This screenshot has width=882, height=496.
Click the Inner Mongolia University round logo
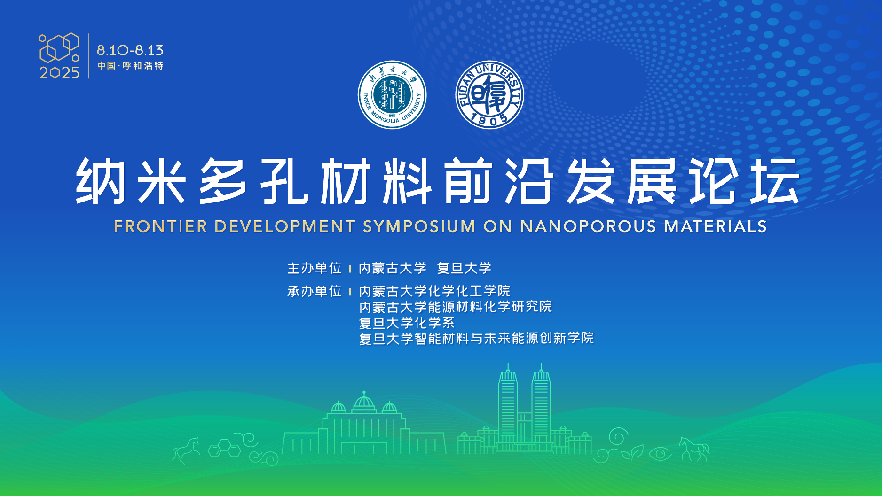pos(392,95)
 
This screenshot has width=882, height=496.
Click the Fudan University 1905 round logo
pos(489,95)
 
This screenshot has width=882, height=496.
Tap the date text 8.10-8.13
pos(130,50)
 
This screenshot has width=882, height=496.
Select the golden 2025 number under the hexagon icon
pos(60,72)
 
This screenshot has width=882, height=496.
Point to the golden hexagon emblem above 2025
pos(59,47)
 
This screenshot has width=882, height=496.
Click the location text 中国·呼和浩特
pos(130,66)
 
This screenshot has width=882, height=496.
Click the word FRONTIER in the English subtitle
pos(160,226)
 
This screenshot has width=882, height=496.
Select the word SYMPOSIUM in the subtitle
pos(419,226)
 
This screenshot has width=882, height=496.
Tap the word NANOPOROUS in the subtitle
pos(588,226)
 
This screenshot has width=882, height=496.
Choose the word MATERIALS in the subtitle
pos(716,226)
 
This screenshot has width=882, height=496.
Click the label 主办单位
pos(314,268)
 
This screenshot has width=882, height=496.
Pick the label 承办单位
pos(314,291)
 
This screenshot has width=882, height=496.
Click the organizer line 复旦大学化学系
pos(407,323)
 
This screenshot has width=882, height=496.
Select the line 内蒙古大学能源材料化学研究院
pos(456,307)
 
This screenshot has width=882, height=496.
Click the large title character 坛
pos(775,181)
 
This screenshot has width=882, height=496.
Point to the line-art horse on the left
pos(187,450)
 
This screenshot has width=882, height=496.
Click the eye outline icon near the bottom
pos(661,454)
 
